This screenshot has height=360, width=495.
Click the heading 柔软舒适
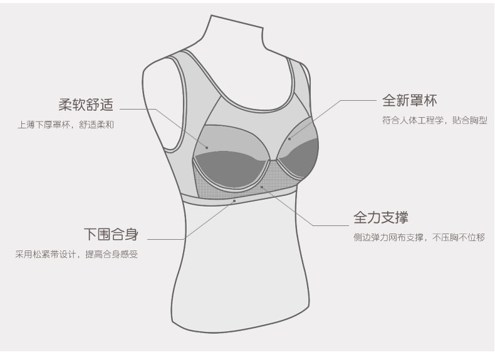pos(86,104)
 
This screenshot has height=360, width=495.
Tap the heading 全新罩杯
pos(409,100)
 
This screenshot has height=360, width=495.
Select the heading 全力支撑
pos(381,218)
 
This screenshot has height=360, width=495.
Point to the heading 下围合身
pos(111,235)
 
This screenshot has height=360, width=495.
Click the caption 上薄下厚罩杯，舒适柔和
pos(66,125)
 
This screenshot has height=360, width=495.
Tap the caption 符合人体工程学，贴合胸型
pos(434,120)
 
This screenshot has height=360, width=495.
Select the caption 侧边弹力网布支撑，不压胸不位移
pos(419,238)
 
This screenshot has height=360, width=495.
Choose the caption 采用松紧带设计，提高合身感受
pos(76,255)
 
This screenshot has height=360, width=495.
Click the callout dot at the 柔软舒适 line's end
pos(207,148)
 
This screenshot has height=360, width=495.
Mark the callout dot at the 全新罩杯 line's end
pos(289,139)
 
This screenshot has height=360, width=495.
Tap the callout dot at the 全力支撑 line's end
pos(261,186)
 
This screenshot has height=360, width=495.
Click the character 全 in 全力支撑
pos(360,218)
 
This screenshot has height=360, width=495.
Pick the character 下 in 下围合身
pos(91,235)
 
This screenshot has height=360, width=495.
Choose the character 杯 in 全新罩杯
pos(430,100)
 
